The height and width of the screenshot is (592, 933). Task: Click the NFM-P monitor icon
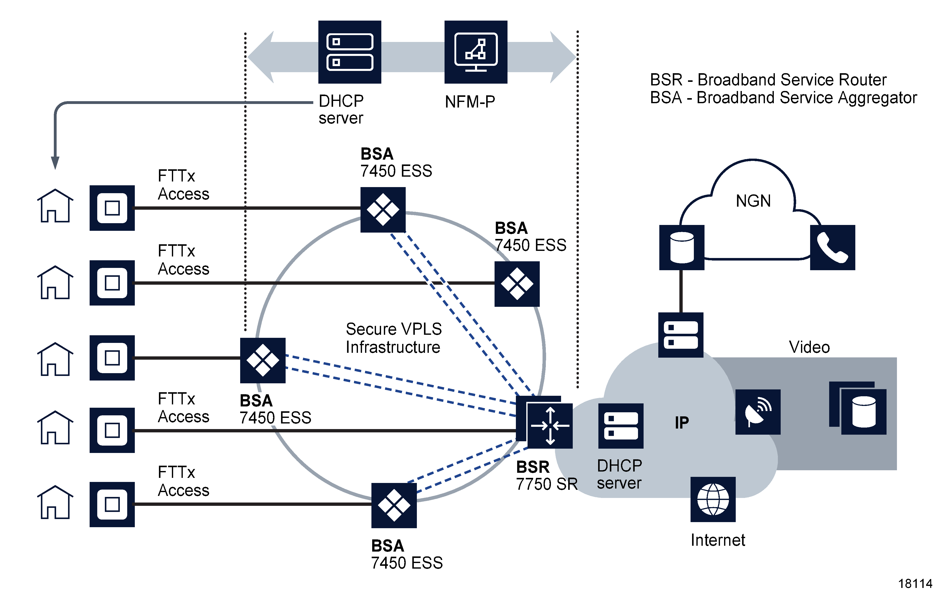coord(476,52)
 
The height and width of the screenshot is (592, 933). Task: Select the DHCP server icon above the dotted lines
coord(350,52)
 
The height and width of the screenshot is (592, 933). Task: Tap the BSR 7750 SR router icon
coord(549,426)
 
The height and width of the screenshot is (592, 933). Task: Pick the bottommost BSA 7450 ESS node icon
coord(394,505)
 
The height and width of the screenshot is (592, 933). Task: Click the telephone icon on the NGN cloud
coord(832,248)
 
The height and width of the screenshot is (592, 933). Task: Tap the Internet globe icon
coord(713,499)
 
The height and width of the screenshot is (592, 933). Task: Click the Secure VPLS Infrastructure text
coord(393,338)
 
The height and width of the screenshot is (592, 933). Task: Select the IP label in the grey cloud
coord(682,422)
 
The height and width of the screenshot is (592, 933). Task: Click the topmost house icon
coord(55,206)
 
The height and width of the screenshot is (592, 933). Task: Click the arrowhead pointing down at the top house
coord(55,163)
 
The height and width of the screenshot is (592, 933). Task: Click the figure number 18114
coord(915,583)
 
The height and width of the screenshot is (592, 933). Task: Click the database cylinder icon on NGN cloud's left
coord(682,248)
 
